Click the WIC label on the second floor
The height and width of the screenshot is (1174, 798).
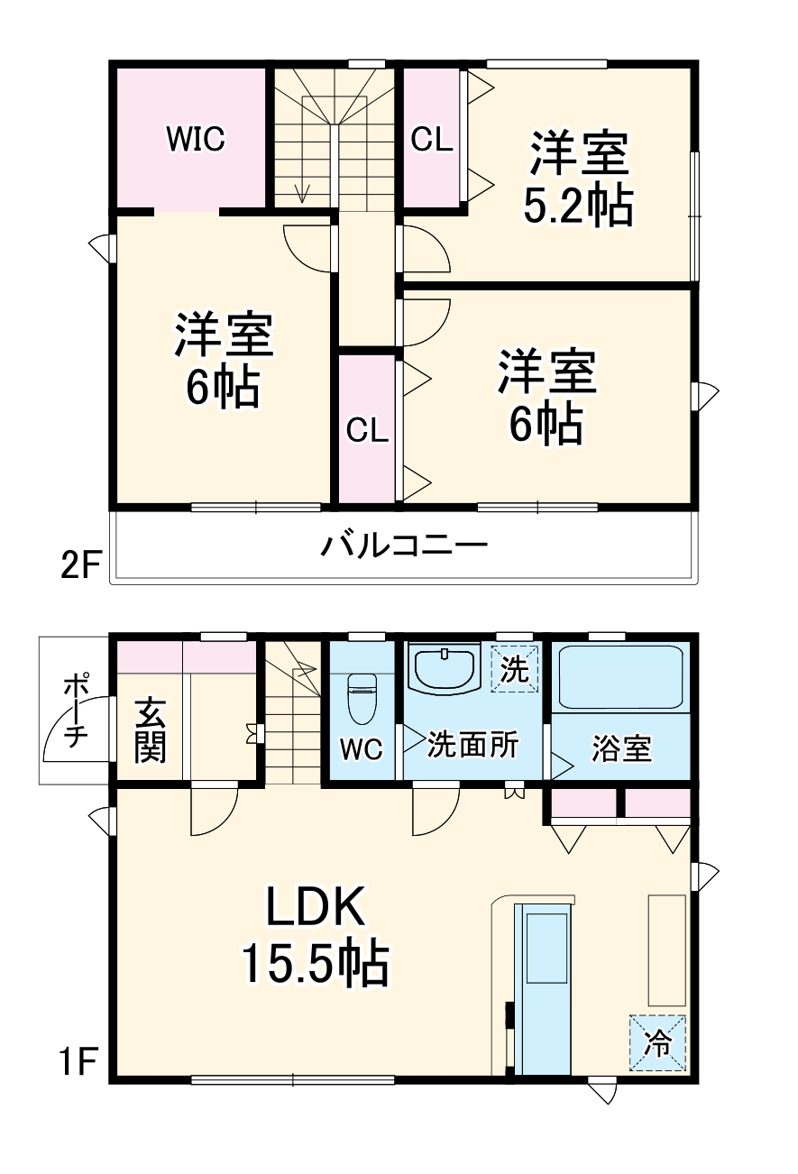[x=195, y=139]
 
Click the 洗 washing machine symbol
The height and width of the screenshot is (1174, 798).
[x=514, y=669]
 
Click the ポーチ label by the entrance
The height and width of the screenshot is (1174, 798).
[x=74, y=712]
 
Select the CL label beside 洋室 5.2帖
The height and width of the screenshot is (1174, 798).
[x=432, y=140]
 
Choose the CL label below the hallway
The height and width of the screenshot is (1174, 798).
[x=367, y=430]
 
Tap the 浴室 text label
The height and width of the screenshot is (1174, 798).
[x=622, y=748]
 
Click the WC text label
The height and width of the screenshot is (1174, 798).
[x=362, y=748]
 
